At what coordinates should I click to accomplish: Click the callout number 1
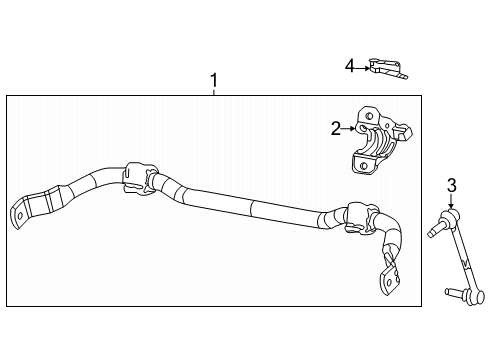pos(212,80)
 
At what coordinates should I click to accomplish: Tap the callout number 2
pos(337,128)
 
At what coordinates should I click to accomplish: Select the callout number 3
pos(451,184)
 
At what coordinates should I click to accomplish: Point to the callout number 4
pos(350,66)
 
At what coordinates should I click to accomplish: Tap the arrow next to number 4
pos(362,66)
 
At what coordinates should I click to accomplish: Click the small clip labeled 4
pos(385,67)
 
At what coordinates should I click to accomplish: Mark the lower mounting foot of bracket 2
pos(363,163)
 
